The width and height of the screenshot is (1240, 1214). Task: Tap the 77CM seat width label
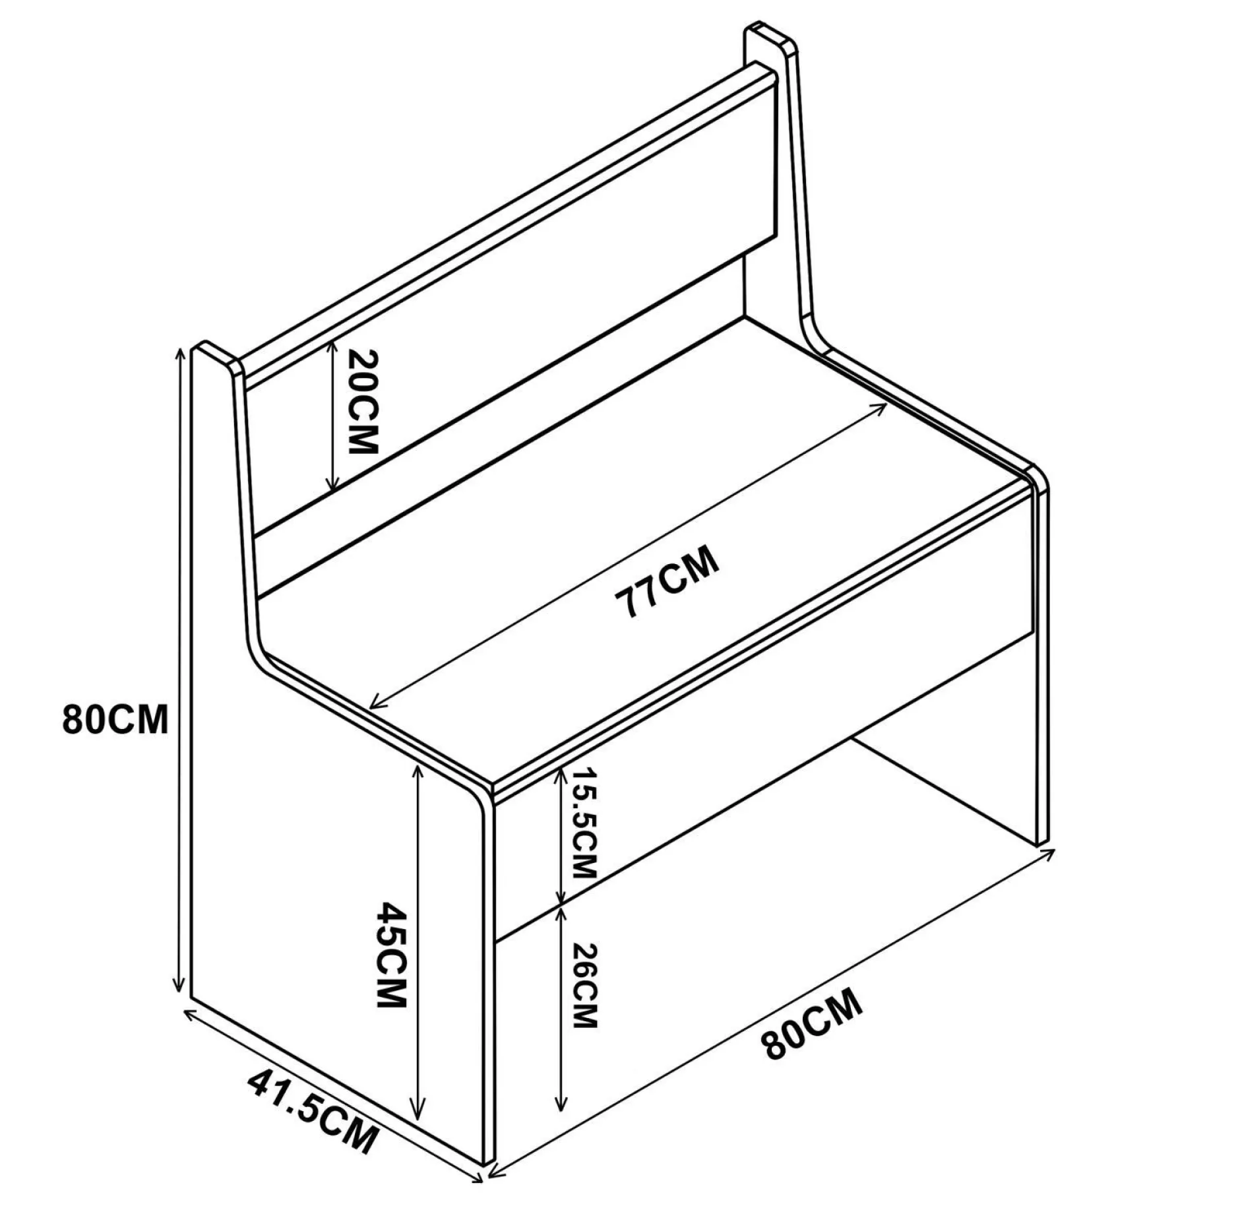(666, 581)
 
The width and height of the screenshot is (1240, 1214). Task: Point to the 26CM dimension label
(584, 986)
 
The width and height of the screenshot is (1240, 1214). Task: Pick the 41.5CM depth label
(313, 1108)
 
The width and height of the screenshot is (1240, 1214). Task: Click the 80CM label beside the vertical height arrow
(115, 719)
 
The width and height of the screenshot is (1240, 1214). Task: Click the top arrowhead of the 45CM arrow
(418, 769)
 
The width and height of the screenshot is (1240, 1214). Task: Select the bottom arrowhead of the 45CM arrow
(417, 1133)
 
